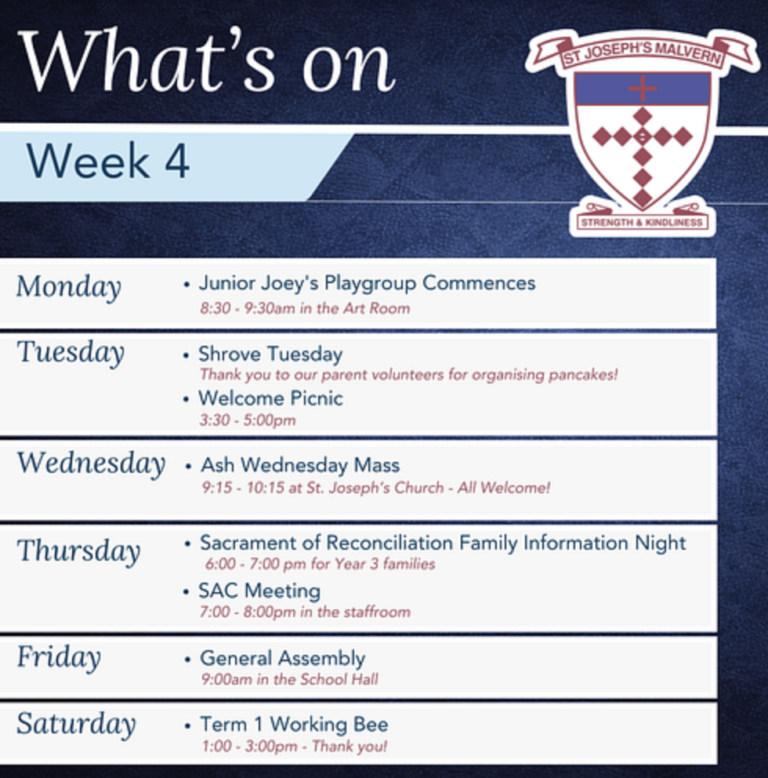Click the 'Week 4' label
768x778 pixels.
coord(107,161)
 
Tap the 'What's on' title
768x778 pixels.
coord(207,60)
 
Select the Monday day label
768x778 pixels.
coord(69,287)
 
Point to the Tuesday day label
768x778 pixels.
coord(71,353)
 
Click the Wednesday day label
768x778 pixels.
coord(91,464)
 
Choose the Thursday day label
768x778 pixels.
coord(79,551)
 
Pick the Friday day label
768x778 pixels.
coord(59,657)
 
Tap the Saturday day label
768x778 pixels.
coord(76,724)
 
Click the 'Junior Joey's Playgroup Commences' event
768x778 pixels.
coord(367,284)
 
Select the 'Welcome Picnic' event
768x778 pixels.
coord(270,398)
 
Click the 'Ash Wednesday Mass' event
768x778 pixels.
coord(300,465)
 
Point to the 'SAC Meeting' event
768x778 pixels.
coord(259,591)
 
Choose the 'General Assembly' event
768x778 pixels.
coord(283,659)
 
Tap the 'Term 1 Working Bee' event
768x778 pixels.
coord(294,725)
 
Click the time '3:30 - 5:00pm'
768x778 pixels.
coord(248,420)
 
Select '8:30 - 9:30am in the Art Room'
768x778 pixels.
coord(305,308)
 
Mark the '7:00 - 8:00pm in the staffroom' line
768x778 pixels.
coord(305,612)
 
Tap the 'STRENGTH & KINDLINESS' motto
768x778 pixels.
coord(642,222)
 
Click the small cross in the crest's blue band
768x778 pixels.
coord(642,89)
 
